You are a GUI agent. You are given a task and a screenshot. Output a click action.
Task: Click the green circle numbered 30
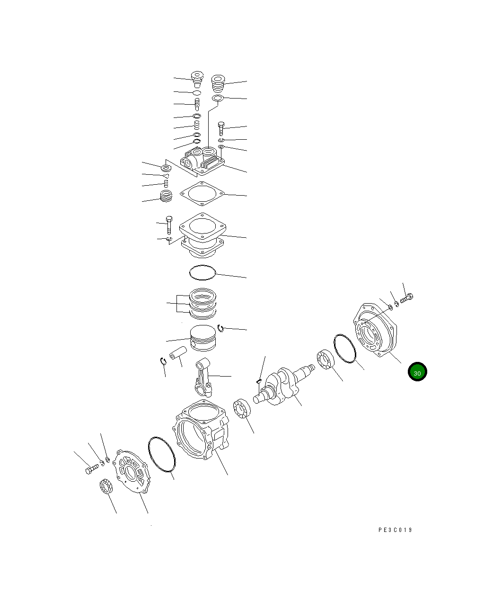click(x=417, y=372)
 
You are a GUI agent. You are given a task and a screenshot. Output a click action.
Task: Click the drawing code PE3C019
click(x=395, y=530)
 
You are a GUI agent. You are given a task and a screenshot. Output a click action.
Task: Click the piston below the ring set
click(x=203, y=337)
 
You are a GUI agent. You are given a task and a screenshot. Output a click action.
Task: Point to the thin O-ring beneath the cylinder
click(x=202, y=272)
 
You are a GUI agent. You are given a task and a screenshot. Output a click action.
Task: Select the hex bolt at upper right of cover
click(x=407, y=299)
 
